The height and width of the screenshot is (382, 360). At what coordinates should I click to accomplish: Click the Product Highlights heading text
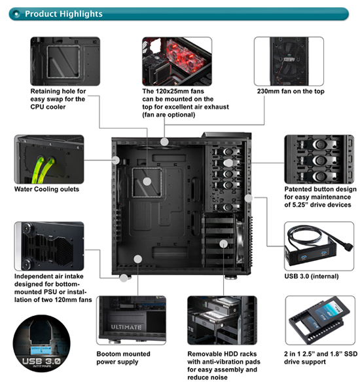tap(63, 14)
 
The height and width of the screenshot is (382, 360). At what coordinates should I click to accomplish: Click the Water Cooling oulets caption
tap(46, 190)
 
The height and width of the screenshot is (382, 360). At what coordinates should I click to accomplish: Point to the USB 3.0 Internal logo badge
tap(42, 341)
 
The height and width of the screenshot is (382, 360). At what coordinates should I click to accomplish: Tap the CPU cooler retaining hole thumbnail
tap(65, 60)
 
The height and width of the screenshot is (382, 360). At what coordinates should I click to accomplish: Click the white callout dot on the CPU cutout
tap(147, 181)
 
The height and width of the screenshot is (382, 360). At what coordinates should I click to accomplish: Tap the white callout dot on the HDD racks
tap(225, 244)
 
